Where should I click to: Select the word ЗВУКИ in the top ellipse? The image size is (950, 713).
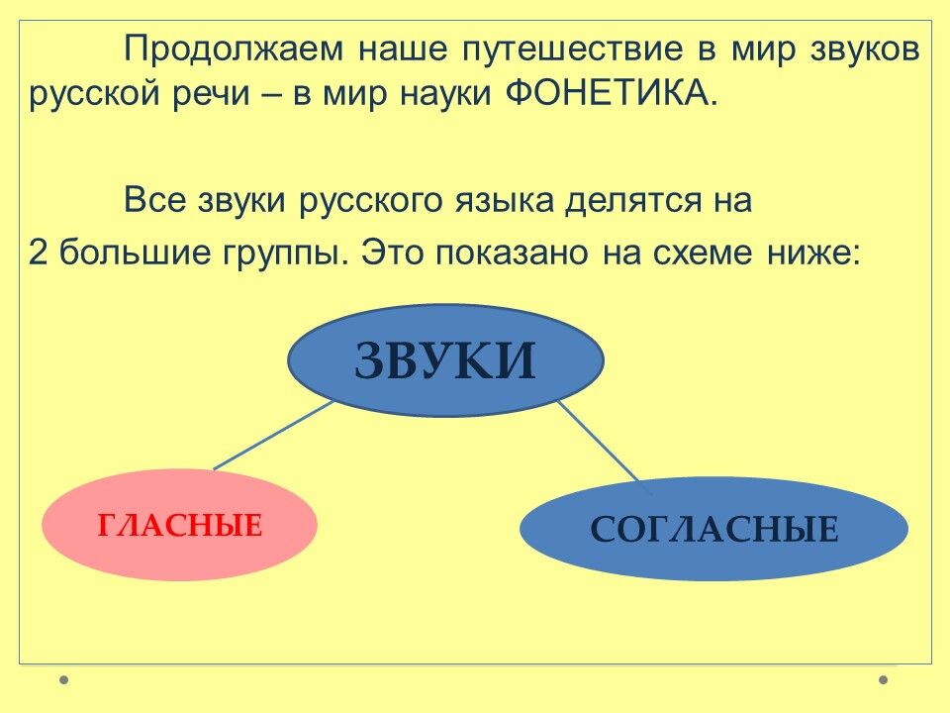(x=445, y=360)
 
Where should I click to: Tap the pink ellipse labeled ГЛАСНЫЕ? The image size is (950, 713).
(x=179, y=525)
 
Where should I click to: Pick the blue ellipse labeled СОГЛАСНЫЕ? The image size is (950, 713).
(x=713, y=529)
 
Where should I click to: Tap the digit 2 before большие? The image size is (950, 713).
(x=38, y=252)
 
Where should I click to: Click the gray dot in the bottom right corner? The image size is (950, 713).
(x=884, y=679)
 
